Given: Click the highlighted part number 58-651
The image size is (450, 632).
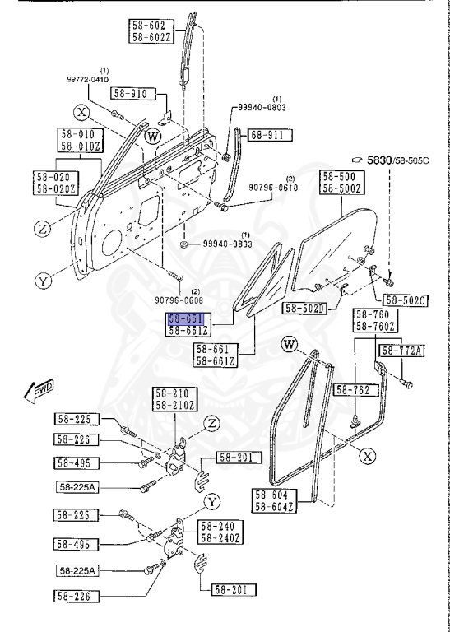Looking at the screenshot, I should coord(186,318).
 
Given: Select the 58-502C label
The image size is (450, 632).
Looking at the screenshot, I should coord(406,300).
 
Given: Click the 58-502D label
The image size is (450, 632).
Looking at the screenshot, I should coord(306,309).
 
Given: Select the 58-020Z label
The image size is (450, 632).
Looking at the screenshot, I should coord(55,188).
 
